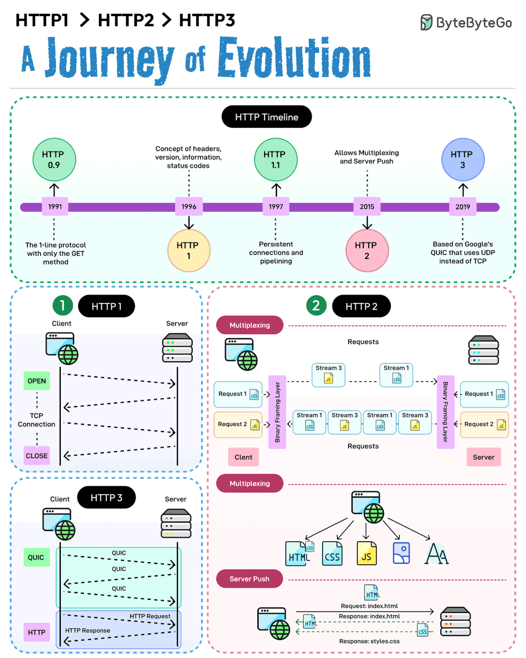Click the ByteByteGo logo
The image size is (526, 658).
click(466, 23)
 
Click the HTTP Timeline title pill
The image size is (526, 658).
click(266, 117)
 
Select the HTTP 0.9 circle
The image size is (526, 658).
click(54, 160)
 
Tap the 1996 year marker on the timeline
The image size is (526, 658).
click(189, 207)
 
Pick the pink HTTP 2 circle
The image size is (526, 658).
click(367, 251)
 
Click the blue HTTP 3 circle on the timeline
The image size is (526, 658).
click(463, 160)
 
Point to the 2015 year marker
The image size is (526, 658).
click(367, 207)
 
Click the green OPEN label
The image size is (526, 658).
click(37, 381)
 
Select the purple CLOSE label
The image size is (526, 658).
click(37, 456)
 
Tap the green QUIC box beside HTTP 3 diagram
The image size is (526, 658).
click(36, 557)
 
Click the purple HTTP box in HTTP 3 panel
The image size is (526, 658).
click(37, 632)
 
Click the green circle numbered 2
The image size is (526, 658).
click(316, 306)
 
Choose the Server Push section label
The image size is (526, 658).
click(249, 579)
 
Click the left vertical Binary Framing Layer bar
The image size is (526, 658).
click(277, 412)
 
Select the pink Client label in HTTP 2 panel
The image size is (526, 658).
click(243, 457)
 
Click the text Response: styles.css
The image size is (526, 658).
click(369, 641)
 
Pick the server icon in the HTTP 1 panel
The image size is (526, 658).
click(177, 348)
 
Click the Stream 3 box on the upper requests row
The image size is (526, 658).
click(328, 374)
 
